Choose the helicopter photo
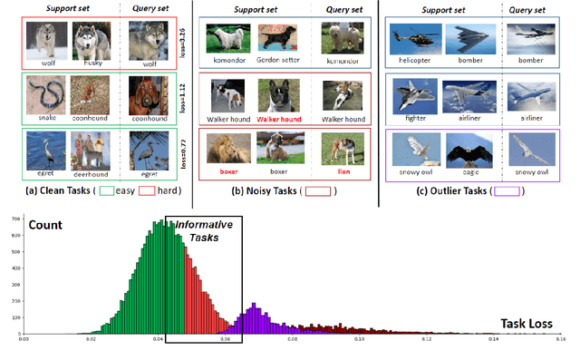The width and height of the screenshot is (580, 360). point(411,41)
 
